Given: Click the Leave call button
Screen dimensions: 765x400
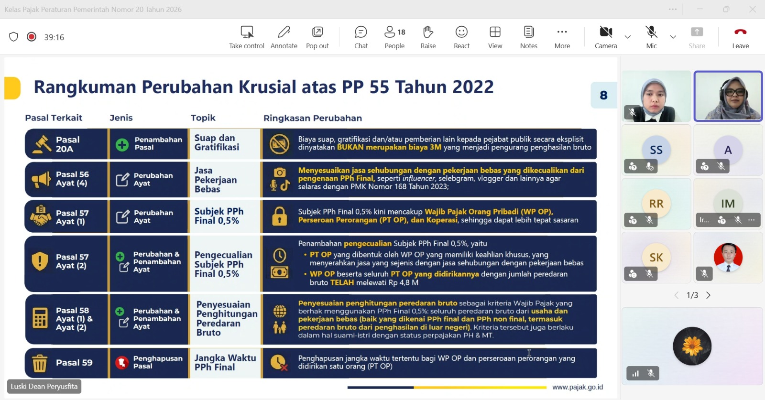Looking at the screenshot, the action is coord(740,37).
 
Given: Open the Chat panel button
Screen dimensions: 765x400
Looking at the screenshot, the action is coord(361,37).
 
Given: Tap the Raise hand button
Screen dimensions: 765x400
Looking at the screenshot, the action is coord(428,37).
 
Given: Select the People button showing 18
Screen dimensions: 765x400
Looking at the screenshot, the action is coord(395,37).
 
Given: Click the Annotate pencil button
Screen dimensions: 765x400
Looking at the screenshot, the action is coord(284,37).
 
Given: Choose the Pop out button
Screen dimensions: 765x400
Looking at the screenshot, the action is coord(317,37).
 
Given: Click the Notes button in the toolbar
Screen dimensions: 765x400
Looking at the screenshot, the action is coord(529,37).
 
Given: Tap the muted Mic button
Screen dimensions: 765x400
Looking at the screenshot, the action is coord(651,37).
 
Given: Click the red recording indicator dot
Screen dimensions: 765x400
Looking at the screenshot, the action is coord(32,36).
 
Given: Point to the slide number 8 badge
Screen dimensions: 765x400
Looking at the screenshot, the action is coord(603,95).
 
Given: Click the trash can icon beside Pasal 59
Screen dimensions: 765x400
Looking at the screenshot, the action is coord(39,363).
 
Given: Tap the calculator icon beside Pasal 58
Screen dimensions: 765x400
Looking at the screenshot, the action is coord(40,318).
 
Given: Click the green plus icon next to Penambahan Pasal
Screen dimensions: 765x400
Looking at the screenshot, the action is coord(122,145).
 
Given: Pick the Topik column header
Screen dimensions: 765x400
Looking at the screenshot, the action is coord(203,118).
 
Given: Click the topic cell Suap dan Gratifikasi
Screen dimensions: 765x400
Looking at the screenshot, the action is coord(217,143).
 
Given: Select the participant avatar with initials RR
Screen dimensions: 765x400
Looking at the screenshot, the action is coord(656,204).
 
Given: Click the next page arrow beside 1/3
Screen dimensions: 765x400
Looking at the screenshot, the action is coord(708,295).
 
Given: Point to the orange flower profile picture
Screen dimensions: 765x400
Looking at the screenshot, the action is coord(692,346).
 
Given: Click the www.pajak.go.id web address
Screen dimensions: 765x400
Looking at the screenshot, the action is coord(578,387).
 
